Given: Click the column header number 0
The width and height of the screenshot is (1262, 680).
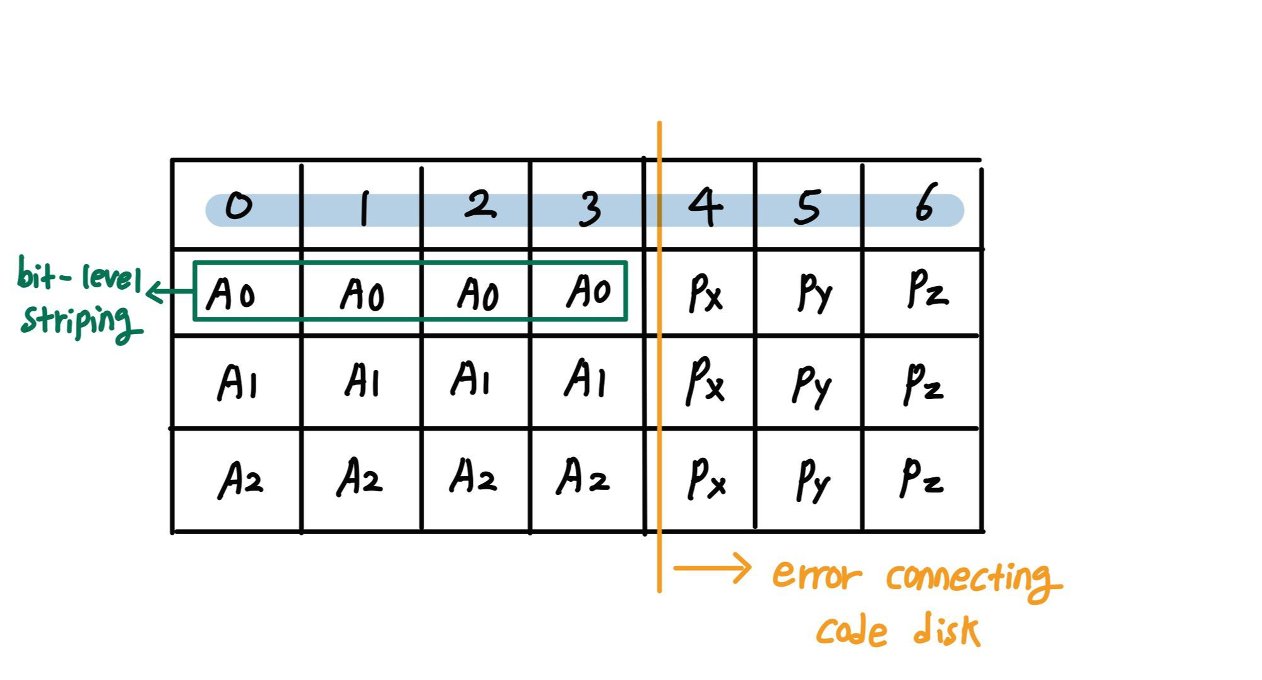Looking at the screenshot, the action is [239, 206].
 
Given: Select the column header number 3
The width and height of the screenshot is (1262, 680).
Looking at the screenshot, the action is [590, 208].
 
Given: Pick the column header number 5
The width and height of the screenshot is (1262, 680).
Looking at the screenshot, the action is [807, 206].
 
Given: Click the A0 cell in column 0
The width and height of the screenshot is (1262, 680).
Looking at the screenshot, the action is [231, 294].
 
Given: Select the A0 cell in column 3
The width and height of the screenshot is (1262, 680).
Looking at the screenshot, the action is [588, 292].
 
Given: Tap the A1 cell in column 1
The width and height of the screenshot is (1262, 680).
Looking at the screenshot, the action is [362, 381].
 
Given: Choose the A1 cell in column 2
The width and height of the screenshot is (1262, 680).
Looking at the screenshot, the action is [471, 379].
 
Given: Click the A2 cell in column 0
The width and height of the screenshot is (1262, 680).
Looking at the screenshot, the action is [240, 480].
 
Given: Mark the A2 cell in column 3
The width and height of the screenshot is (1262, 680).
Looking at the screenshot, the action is [583, 477].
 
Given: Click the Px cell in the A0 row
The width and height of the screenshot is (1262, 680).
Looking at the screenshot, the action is [705, 293].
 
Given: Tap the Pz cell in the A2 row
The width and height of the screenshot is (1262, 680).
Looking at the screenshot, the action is [922, 479].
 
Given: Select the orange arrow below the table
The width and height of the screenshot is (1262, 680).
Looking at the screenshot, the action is [712, 568].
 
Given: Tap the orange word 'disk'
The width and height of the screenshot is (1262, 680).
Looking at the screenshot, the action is [946, 630].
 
